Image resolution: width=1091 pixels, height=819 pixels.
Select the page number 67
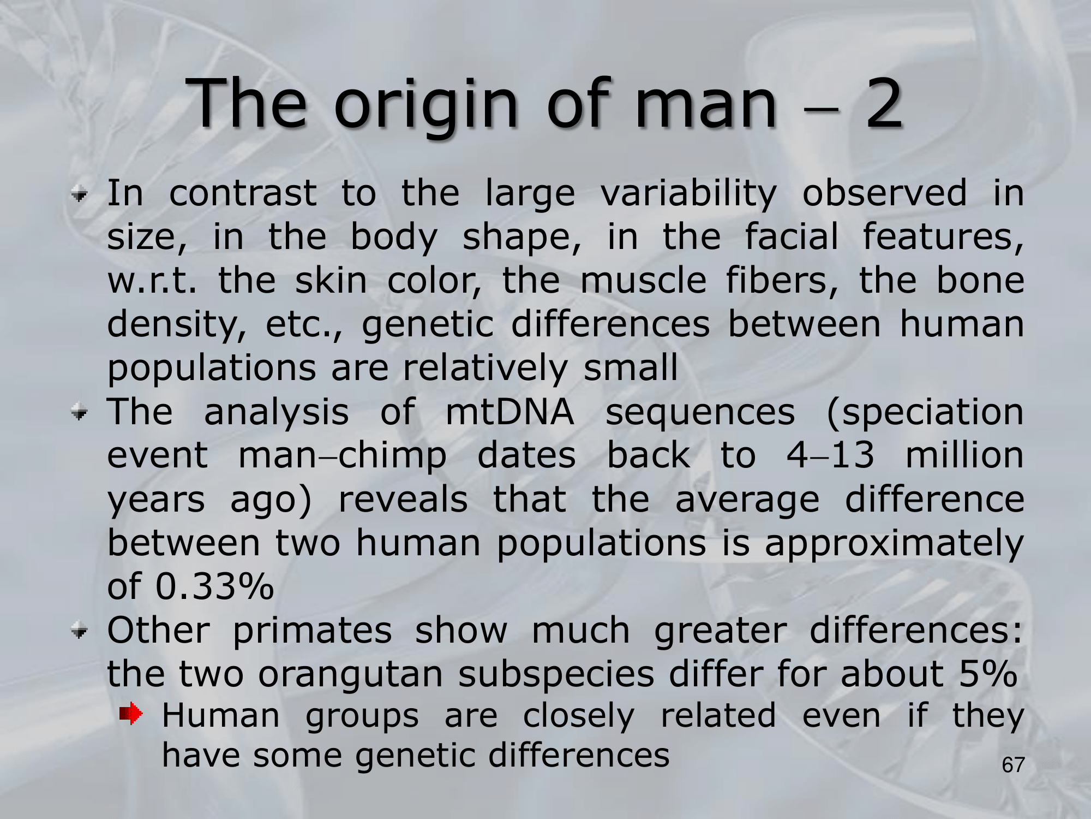(1013, 765)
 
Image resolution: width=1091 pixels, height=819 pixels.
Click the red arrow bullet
(131, 713)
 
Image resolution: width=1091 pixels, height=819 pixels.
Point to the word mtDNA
(509, 412)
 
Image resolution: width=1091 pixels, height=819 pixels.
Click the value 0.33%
(214, 586)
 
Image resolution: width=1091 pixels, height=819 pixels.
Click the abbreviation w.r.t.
(152, 281)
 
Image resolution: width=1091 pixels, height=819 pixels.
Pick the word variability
(688, 194)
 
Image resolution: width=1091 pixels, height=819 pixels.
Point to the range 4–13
(830, 455)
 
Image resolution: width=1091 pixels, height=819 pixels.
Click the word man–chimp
(343, 456)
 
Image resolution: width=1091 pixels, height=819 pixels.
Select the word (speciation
(925, 413)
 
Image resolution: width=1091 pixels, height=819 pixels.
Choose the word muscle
(644, 281)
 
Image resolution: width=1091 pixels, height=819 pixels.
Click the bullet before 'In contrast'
(80, 194)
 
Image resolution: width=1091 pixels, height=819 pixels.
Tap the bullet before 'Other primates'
(80, 632)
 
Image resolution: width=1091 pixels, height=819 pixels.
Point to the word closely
(579, 717)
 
